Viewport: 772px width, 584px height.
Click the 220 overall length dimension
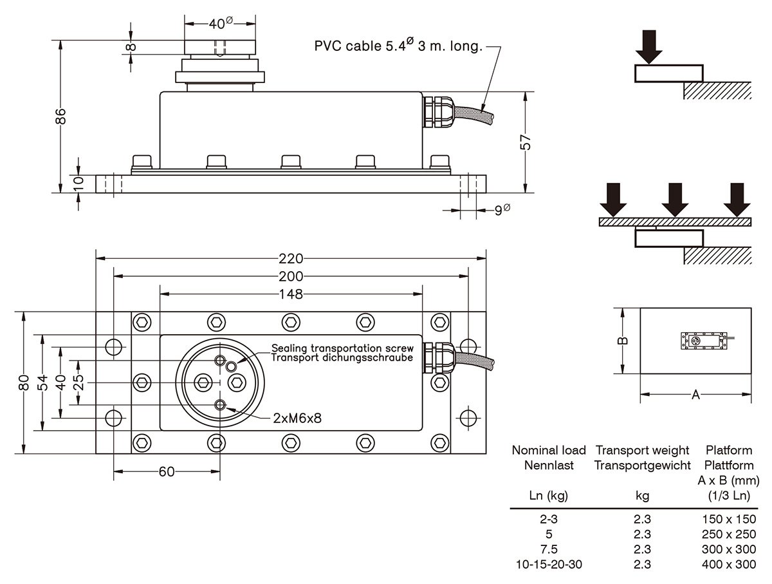tap(291, 258)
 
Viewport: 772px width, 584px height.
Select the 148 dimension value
tap(291, 294)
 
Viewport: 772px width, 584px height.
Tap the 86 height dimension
tap(60, 117)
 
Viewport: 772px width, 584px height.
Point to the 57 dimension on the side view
tap(526, 142)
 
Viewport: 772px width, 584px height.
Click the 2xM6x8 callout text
tap(297, 418)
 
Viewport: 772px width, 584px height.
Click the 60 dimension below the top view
tap(167, 472)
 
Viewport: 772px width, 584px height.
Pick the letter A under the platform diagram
tap(695, 395)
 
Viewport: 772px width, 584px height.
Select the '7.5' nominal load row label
tap(549, 549)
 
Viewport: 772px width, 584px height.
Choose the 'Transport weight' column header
tap(642, 450)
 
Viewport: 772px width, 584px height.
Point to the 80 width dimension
tap(24, 383)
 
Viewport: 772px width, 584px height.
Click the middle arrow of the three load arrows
tap(674, 200)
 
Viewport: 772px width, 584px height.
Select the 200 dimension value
tap(291, 276)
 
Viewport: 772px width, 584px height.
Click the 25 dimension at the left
tap(78, 382)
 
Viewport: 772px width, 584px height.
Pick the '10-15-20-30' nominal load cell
tap(549, 565)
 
